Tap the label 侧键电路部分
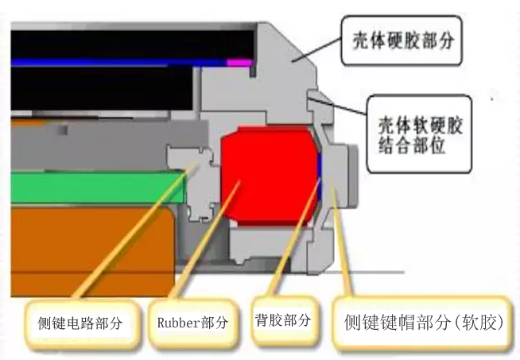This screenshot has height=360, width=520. (80, 324)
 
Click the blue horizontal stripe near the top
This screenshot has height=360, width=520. (119, 61)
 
